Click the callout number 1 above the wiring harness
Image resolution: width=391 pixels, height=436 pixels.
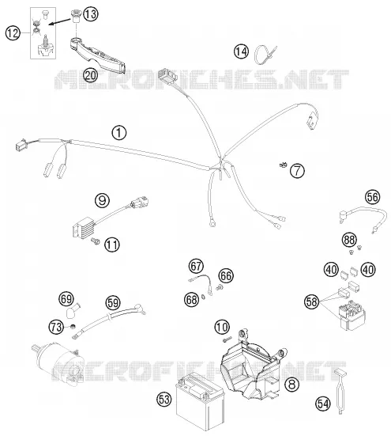pyautogui.click(x=118, y=133)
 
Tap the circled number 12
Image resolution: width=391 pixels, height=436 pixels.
pyautogui.click(x=13, y=33)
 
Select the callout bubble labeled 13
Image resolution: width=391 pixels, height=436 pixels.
pyautogui.click(x=91, y=14)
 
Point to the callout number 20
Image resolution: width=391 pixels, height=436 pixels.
pyautogui.click(x=91, y=75)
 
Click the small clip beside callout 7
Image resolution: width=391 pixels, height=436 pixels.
pyautogui.click(x=283, y=165)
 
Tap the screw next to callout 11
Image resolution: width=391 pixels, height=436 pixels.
pyautogui.click(x=96, y=241)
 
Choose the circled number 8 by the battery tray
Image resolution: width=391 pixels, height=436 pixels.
pyautogui.click(x=292, y=385)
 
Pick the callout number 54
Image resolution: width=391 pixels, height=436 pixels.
pyautogui.click(x=323, y=404)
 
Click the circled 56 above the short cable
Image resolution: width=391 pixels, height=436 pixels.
pyautogui.click(x=372, y=197)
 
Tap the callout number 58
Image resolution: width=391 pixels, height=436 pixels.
pyautogui.click(x=312, y=301)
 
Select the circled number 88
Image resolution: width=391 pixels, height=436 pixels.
pyautogui.click(x=349, y=240)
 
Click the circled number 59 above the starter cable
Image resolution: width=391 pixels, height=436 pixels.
pyautogui.click(x=113, y=302)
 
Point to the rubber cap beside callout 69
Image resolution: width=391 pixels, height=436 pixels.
pyautogui.click(x=73, y=311)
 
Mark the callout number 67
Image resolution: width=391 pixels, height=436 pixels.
pyautogui.click(x=196, y=266)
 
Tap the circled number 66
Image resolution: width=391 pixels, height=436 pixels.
pyautogui.click(x=226, y=276)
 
